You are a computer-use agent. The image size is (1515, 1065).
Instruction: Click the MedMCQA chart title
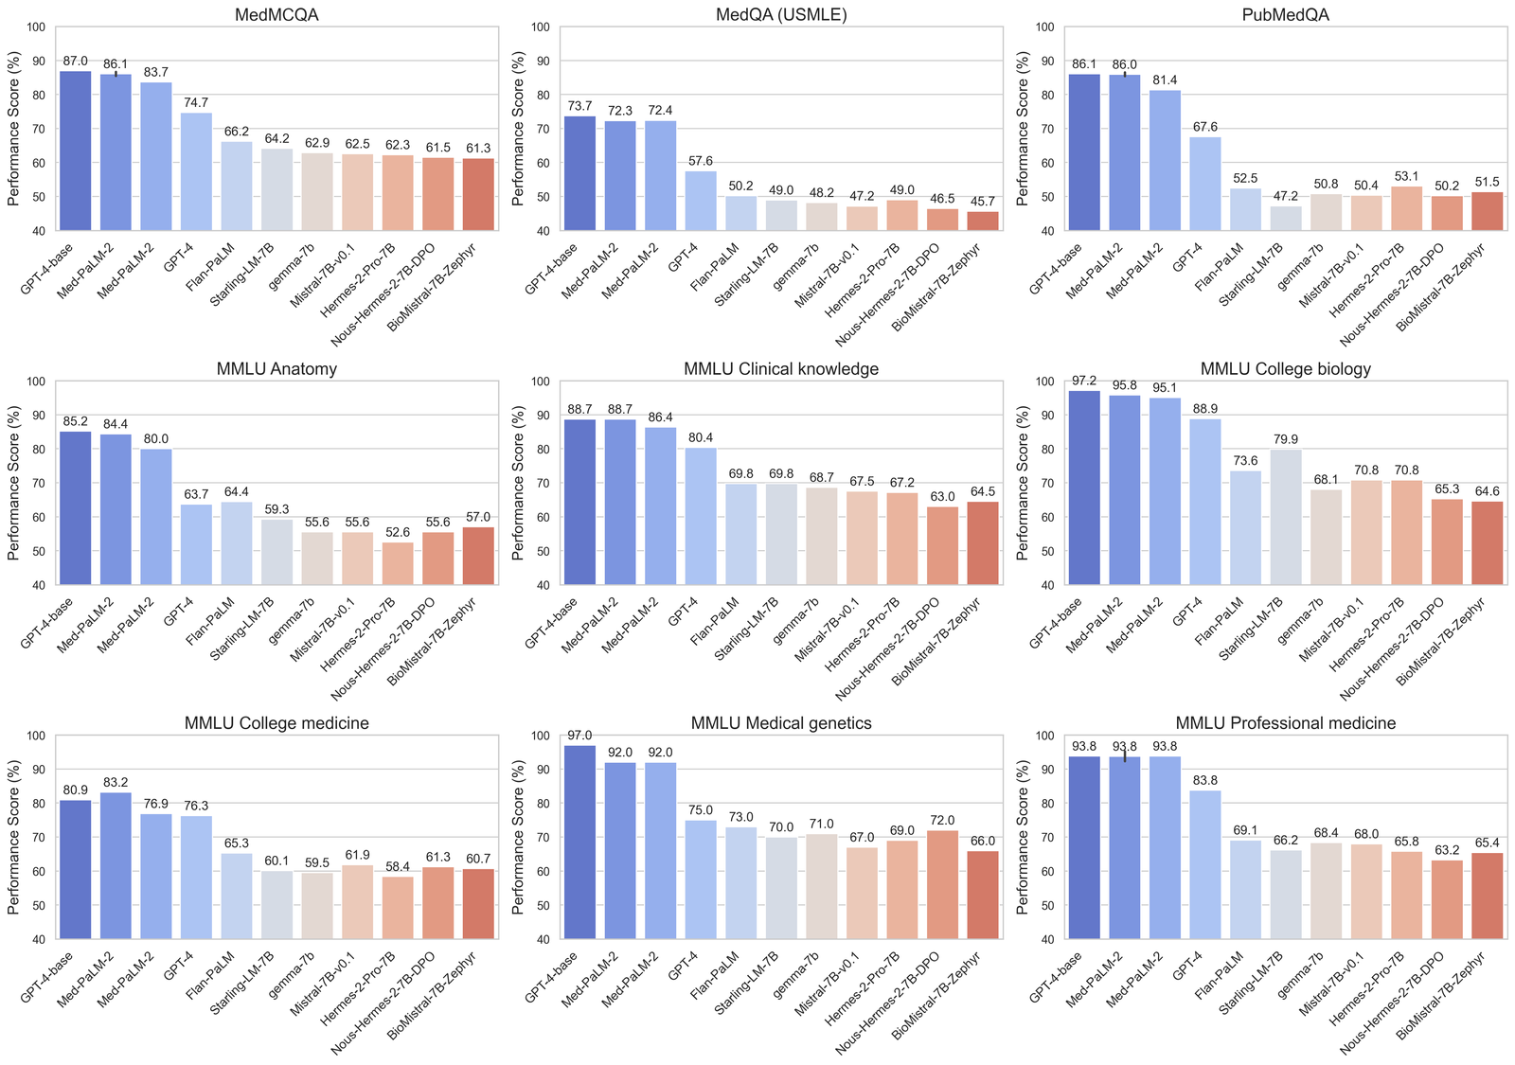click(x=276, y=15)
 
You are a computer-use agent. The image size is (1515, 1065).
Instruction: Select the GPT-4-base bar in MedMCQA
click(x=76, y=151)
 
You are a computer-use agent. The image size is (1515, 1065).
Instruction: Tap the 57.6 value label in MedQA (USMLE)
click(x=701, y=162)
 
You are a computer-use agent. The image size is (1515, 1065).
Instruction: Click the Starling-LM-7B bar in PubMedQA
click(x=1286, y=219)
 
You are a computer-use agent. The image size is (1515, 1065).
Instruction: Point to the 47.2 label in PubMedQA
click(x=1286, y=197)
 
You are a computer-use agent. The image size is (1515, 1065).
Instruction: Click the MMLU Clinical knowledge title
click(x=781, y=369)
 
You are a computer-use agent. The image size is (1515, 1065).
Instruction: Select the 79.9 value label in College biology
click(x=1286, y=440)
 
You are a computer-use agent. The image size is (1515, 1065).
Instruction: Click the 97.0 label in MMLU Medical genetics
click(x=579, y=736)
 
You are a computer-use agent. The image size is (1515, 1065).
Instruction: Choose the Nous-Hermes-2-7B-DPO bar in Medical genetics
click(x=942, y=885)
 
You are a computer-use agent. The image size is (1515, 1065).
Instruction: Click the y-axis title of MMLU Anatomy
click(x=14, y=483)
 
